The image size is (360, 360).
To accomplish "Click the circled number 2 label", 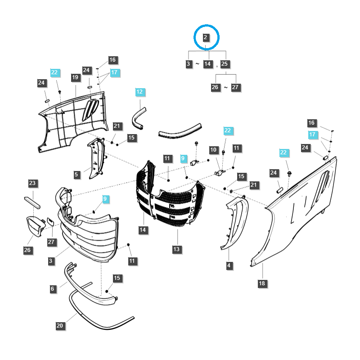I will [x=206, y=37].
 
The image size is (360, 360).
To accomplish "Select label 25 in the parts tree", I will [x=225, y=64].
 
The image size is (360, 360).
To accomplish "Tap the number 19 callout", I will [x=75, y=77].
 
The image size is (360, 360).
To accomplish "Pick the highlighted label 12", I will [x=139, y=92].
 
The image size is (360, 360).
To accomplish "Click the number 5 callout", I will [x=77, y=174].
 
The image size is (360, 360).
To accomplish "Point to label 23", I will [x=32, y=183].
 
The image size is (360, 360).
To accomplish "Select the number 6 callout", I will [x=52, y=289].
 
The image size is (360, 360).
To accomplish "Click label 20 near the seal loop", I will [x=59, y=325].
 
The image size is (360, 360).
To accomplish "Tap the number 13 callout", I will [x=176, y=249].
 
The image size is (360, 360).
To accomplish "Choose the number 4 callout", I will [x=229, y=266].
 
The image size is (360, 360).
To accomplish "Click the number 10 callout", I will [x=213, y=149].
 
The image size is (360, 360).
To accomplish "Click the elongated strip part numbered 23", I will [x=32, y=201].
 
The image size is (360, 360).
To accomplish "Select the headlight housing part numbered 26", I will [x=34, y=225].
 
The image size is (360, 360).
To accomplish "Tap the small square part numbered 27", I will [x=50, y=221].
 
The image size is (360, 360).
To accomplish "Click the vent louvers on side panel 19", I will [x=90, y=109].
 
